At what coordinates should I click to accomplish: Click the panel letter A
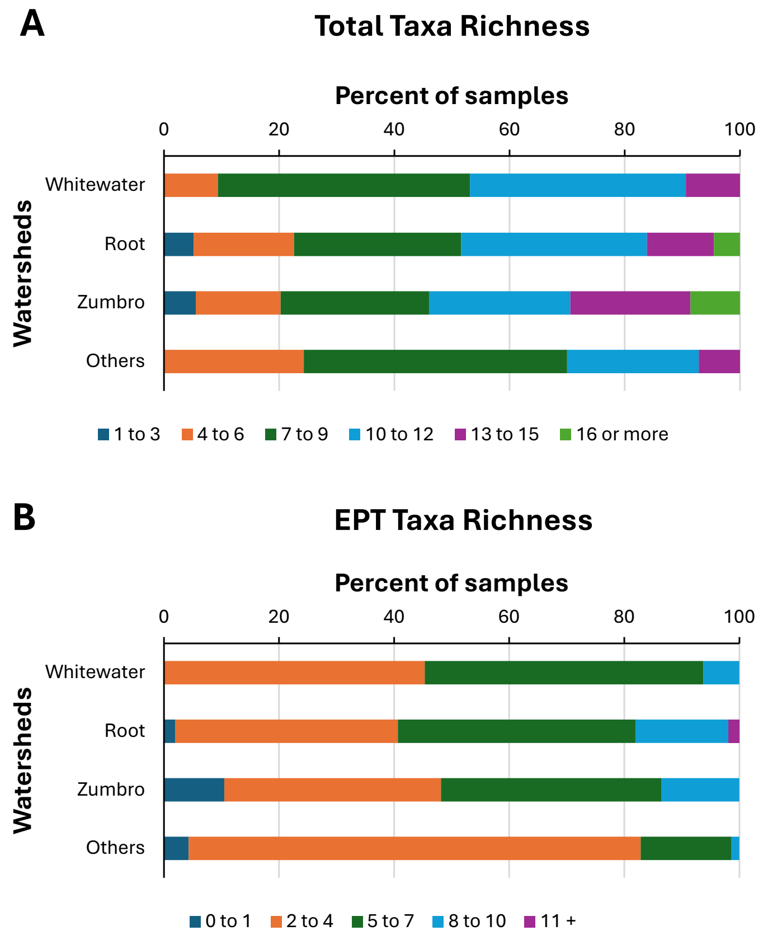32,25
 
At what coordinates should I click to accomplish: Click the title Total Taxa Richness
452,26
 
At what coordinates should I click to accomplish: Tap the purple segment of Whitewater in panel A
713,185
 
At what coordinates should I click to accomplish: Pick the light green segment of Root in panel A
727,244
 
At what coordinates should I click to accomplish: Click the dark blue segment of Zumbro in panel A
180,303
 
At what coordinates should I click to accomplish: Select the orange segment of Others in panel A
234,361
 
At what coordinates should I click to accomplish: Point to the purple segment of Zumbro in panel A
630,303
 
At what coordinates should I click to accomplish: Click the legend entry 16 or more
614,435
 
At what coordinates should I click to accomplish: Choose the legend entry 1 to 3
129,435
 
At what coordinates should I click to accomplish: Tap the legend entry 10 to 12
391,435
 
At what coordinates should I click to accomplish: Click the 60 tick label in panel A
509,130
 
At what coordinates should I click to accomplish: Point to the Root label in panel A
125,244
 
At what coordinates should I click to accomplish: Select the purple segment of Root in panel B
733,731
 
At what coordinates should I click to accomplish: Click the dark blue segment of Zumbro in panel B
194,789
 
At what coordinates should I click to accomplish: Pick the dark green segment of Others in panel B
686,848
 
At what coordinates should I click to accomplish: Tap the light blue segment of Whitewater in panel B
721,672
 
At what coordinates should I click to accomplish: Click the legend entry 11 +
550,921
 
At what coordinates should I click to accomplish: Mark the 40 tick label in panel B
394,617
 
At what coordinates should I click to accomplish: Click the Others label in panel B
115,848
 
